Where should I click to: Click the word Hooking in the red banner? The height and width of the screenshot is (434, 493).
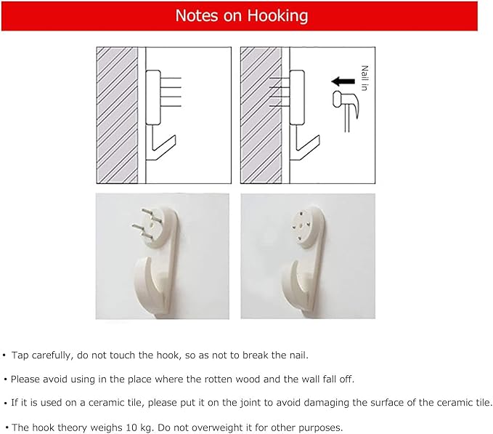(277, 16)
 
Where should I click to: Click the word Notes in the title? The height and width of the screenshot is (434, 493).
(197, 15)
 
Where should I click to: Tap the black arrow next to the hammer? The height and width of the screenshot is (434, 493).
(343, 81)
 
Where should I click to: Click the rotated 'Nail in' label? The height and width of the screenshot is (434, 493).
(364, 78)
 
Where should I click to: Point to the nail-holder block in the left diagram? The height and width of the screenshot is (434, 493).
(153, 97)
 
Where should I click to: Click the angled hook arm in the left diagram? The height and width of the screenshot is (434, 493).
(163, 148)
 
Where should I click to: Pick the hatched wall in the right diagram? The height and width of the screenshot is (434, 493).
(261, 115)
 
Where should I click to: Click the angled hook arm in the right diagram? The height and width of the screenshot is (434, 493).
(307, 148)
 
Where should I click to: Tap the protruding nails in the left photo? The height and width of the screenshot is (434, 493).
(147, 223)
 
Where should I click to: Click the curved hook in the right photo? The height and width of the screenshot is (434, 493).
(293, 284)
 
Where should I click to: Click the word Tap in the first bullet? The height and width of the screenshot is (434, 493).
(20, 355)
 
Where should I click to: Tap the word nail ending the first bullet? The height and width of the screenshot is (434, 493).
(298, 355)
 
